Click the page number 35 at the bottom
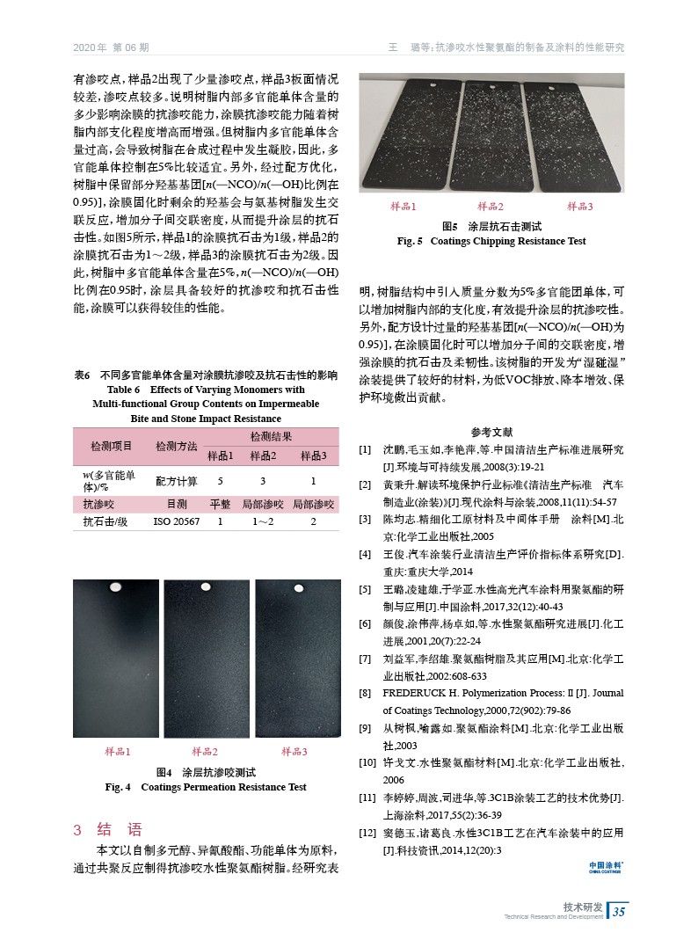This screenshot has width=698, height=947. [618, 911]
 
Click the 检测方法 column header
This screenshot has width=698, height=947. [176, 446]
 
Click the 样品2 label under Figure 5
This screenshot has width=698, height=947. [489, 207]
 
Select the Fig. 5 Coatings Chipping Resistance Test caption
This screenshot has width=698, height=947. [491, 241]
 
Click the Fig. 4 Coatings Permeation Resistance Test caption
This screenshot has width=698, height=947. [206, 787]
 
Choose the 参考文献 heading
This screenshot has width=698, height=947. [491, 432]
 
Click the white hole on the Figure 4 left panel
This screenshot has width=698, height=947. [113, 586]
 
